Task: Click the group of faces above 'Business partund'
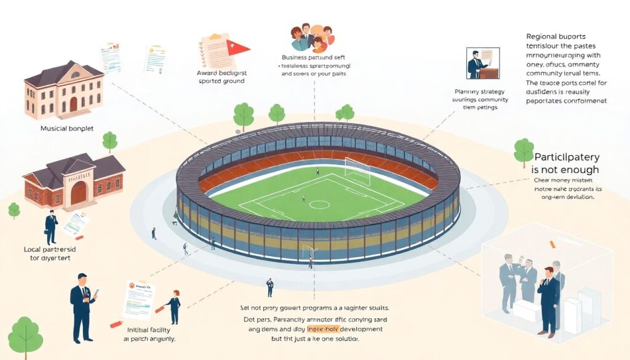(311, 38)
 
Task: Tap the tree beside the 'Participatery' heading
(524, 150)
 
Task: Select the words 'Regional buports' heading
(556, 36)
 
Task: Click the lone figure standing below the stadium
(269, 287)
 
